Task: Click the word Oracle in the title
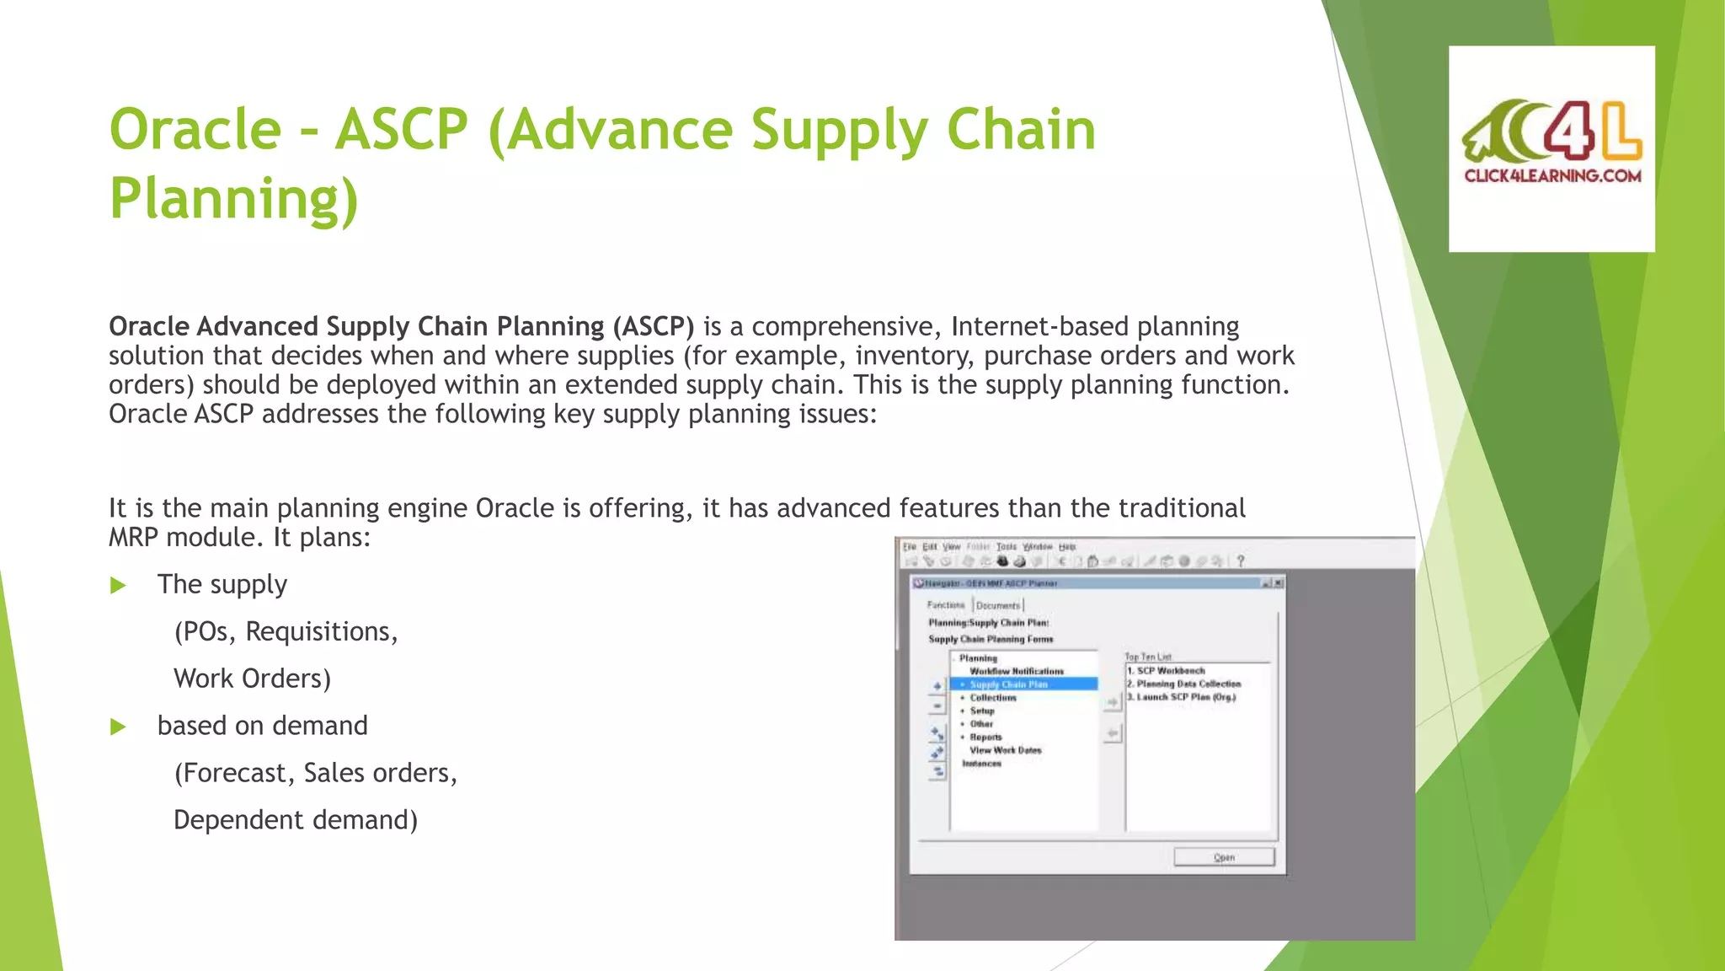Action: point(195,131)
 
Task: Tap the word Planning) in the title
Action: point(234,199)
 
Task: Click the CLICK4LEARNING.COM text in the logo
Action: point(1552,176)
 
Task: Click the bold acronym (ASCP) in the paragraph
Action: point(653,326)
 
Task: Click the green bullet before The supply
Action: point(118,585)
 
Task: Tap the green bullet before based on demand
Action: point(118,727)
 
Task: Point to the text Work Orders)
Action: point(252,679)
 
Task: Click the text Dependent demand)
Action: point(296,820)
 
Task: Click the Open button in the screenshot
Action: point(1224,857)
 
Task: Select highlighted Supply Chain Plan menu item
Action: point(1008,684)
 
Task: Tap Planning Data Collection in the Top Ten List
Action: point(1188,684)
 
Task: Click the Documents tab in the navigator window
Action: point(998,605)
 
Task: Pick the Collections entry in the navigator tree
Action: point(993,698)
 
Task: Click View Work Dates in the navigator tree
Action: point(1005,750)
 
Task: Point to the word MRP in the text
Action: point(134,537)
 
